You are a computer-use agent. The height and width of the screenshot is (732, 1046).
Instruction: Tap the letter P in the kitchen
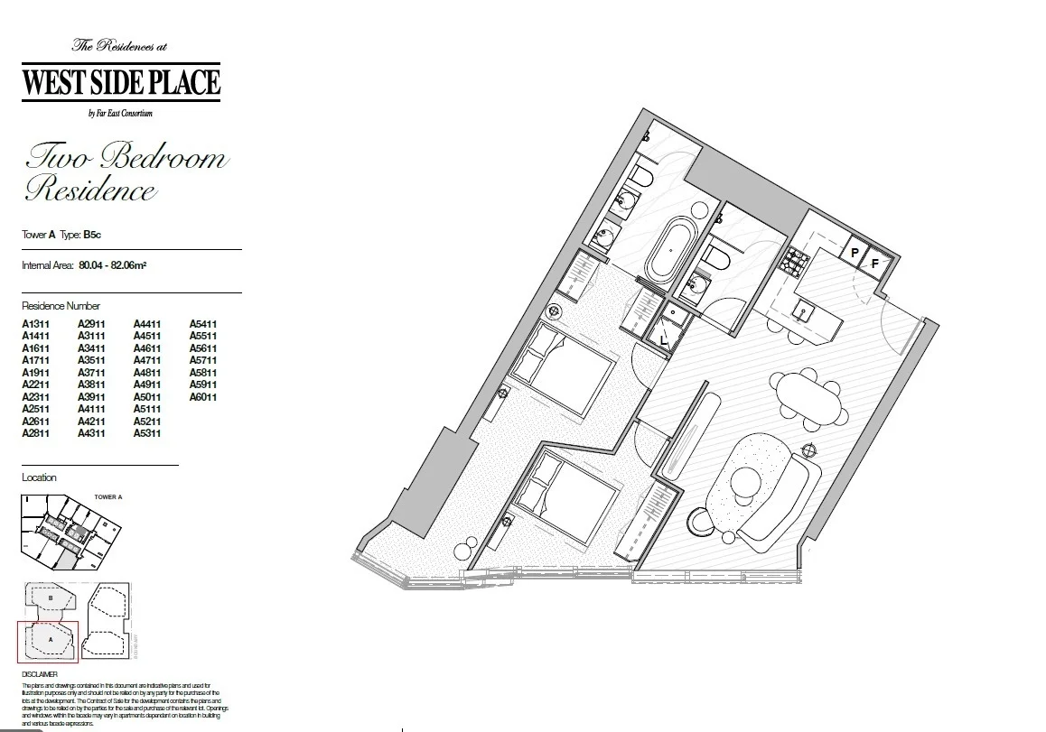pyautogui.click(x=855, y=254)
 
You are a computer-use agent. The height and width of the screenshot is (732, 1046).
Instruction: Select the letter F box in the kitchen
pyautogui.click(x=874, y=264)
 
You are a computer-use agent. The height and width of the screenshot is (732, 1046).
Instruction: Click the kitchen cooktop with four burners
pyautogui.click(x=799, y=262)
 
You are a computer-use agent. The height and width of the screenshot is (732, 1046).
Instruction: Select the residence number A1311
pyautogui.click(x=35, y=324)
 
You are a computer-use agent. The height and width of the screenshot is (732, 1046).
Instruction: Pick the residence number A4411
pyautogui.click(x=147, y=324)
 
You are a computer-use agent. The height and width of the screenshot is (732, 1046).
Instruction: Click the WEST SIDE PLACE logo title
pyautogui.click(x=121, y=83)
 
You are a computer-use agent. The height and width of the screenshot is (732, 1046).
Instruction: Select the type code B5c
pyautogui.click(x=91, y=235)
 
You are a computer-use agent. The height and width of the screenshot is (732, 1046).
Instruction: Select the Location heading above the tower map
pyautogui.click(x=39, y=477)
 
